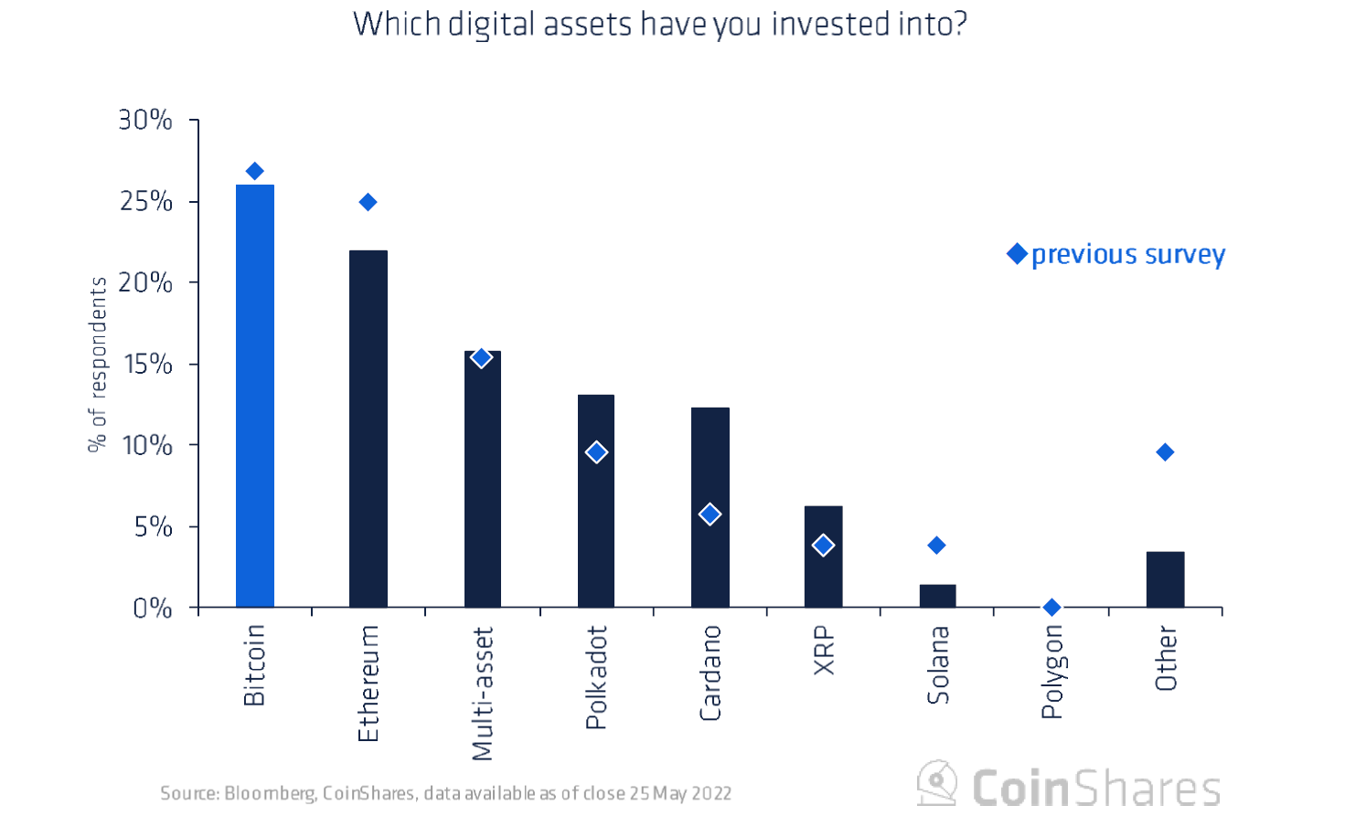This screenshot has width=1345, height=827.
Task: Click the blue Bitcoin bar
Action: (x=255, y=396)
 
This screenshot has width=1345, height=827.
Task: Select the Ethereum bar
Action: (x=368, y=429)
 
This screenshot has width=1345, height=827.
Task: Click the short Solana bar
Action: (x=937, y=596)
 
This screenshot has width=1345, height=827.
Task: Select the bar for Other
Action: (x=1165, y=579)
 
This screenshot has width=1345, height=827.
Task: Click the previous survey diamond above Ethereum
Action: (x=368, y=202)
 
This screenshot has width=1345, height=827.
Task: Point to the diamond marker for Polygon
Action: (x=1051, y=607)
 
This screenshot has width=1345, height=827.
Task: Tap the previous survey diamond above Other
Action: (x=1165, y=452)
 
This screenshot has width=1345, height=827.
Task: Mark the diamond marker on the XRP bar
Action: (x=823, y=546)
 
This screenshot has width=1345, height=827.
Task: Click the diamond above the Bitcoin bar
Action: (x=255, y=171)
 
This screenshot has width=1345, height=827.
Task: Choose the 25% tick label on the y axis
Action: (x=145, y=201)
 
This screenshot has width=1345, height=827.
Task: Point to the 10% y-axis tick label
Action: (x=146, y=445)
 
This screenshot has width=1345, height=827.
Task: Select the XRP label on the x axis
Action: (x=824, y=651)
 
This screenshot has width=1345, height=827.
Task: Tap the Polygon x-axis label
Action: (x=1051, y=672)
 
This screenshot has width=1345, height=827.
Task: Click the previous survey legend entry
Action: (x=1116, y=254)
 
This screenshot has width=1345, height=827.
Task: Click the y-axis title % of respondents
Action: (x=97, y=364)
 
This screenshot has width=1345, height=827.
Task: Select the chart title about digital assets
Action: (x=659, y=24)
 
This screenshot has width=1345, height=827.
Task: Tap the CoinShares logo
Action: (x=1069, y=786)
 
